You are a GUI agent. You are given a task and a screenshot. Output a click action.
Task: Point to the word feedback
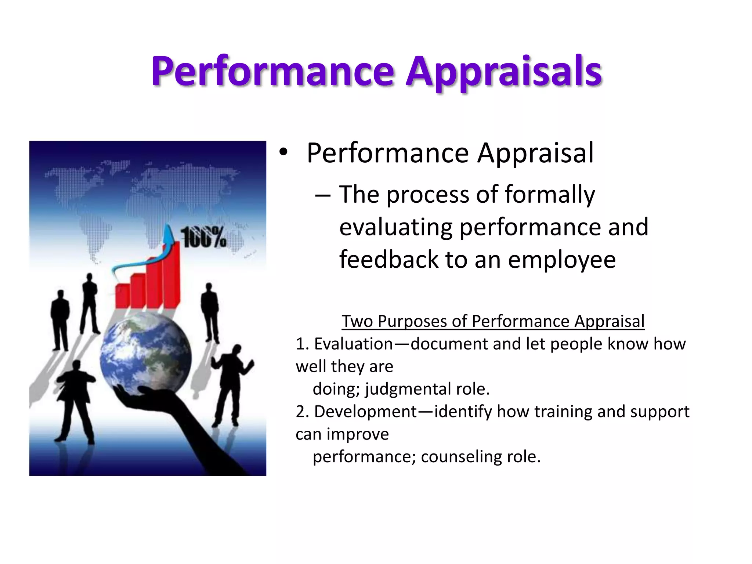388,260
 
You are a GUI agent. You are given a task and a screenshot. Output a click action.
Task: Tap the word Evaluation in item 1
354,344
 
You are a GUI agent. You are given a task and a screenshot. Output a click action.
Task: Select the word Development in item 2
366,412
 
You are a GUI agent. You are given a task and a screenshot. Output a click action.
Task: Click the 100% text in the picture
203,238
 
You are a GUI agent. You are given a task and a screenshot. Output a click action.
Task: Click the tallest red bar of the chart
171,275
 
